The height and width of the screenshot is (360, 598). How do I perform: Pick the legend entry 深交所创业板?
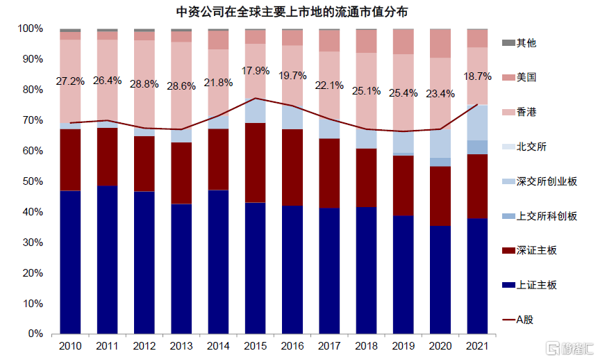pyautogui.click(x=547, y=181)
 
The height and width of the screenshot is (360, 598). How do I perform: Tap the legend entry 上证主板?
pyautogui.click(x=536, y=285)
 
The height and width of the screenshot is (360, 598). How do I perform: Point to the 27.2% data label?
pyautogui.click(x=70, y=81)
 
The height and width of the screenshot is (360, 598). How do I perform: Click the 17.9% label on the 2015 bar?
pyautogui.click(x=255, y=70)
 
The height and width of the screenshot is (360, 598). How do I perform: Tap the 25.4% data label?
pyautogui.click(x=404, y=92)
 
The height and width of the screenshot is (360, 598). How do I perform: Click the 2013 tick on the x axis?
pyautogui.click(x=181, y=346)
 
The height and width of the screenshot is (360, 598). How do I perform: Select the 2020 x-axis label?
pyautogui.click(x=440, y=346)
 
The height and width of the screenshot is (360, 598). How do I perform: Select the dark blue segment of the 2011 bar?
pyautogui.click(x=107, y=261)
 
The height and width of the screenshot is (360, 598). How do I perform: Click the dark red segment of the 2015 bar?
pyautogui.click(x=255, y=163)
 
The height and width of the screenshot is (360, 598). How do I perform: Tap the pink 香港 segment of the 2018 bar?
pyautogui.click(x=366, y=90)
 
